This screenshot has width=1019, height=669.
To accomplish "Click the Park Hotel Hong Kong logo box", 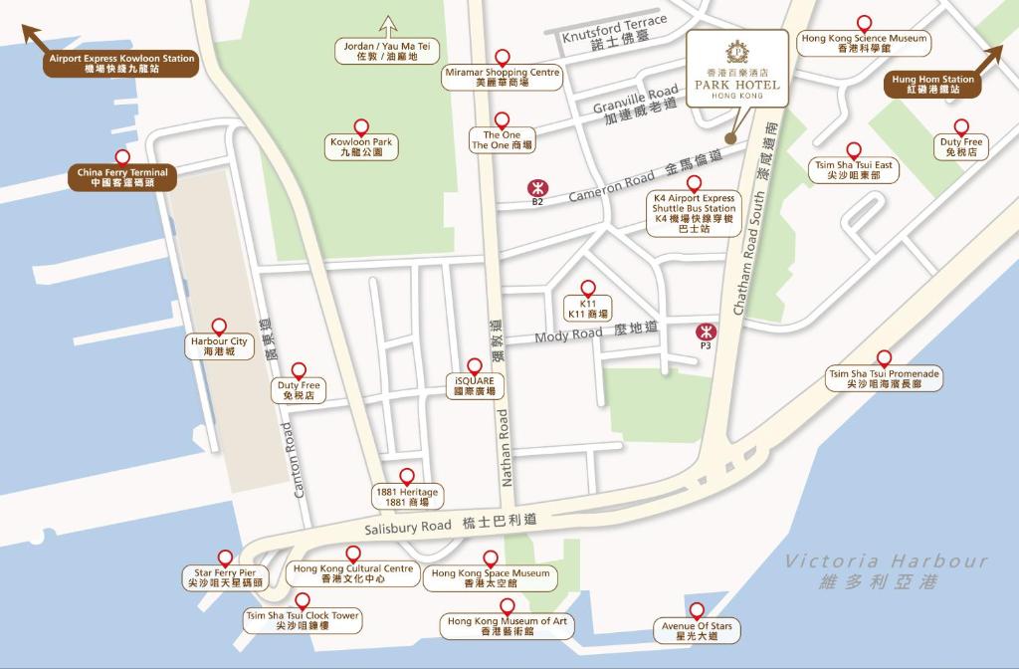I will [736, 72].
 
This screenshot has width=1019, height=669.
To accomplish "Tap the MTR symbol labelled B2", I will [537, 187].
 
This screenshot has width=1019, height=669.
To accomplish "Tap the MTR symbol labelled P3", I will [706, 331].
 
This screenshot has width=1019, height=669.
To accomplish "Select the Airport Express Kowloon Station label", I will [122, 64].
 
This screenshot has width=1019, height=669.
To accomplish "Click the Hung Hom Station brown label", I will [932, 85].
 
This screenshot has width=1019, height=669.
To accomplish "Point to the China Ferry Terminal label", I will [122, 177].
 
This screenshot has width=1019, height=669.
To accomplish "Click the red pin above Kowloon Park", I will [361, 127].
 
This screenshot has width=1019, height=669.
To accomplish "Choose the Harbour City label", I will [219, 345].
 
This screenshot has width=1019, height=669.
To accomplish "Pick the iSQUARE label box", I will [474, 386].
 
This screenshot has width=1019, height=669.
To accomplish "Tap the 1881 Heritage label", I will [406, 496].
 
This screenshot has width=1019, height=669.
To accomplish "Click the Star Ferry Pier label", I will [225, 577].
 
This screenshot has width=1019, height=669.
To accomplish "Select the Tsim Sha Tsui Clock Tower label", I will [303, 620].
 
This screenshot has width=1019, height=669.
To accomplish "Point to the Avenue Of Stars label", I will [697, 630].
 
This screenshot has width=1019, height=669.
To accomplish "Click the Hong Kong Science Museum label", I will [864, 43].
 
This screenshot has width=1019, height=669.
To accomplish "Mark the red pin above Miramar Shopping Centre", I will [503, 58].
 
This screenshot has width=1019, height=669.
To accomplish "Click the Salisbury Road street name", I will [408, 528].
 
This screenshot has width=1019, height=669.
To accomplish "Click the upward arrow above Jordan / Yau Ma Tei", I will [387, 27].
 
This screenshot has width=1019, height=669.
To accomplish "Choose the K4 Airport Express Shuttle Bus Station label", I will [694, 213].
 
